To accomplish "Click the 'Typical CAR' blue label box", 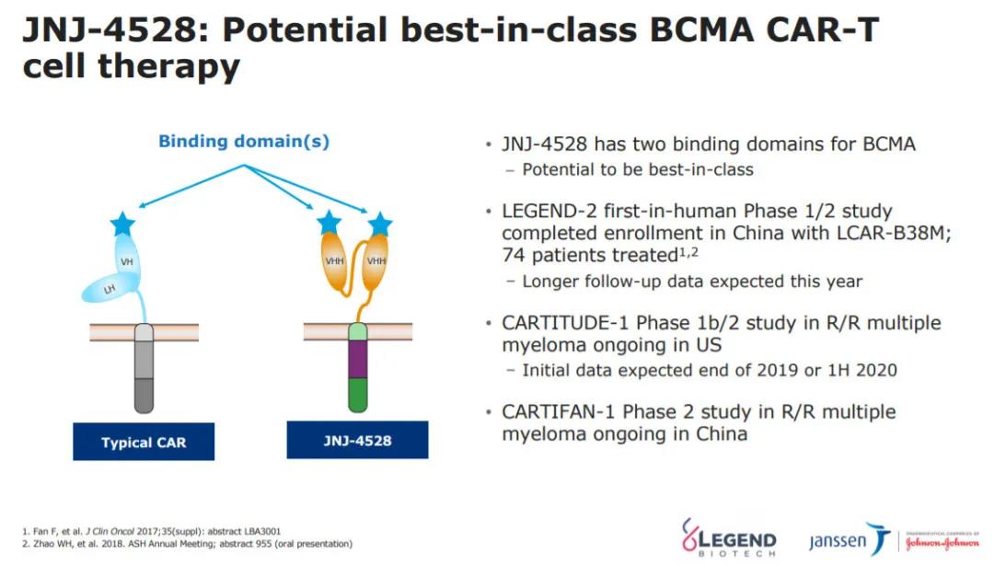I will pyautogui.click(x=144, y=442).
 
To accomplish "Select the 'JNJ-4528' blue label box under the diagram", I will pyautogui.click(x=357, y=440).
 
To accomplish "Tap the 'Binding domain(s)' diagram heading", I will pyautogui.click(x=244, y=142).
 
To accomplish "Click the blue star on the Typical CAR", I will pyautogui.click(x=122, y=224).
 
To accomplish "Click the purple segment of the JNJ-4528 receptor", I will pyautogui.click(x=357, y=358).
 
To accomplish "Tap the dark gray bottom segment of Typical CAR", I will pyautogui.click(x=144, y=395).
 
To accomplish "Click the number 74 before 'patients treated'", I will pyautogui.click(x=514, y=256).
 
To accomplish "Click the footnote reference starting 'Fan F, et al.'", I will pyautogui.click(x=151, y=531).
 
